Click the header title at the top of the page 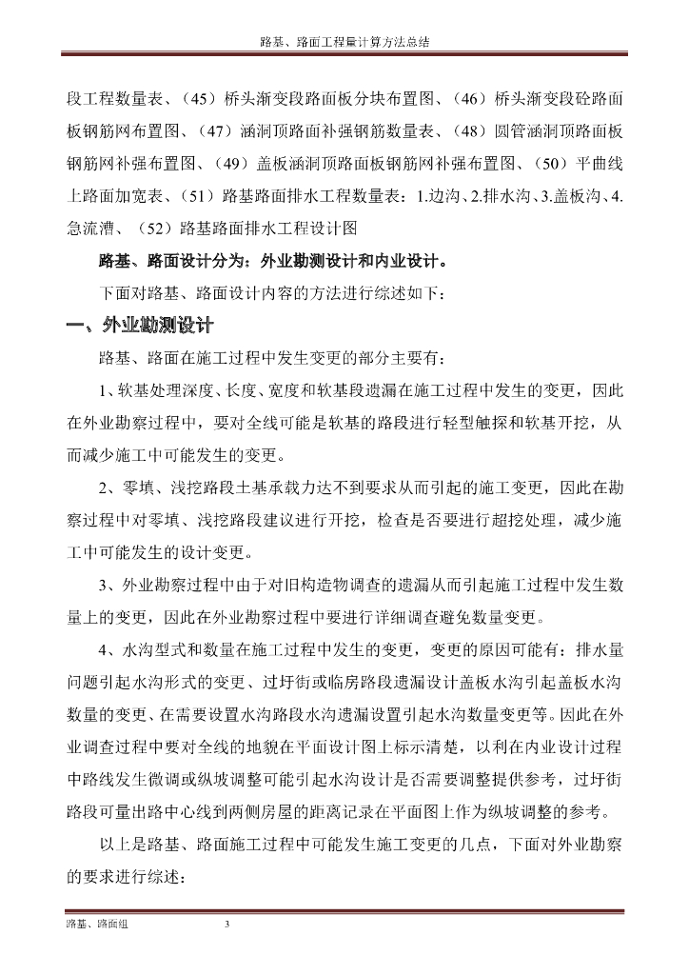coord(344,44)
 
